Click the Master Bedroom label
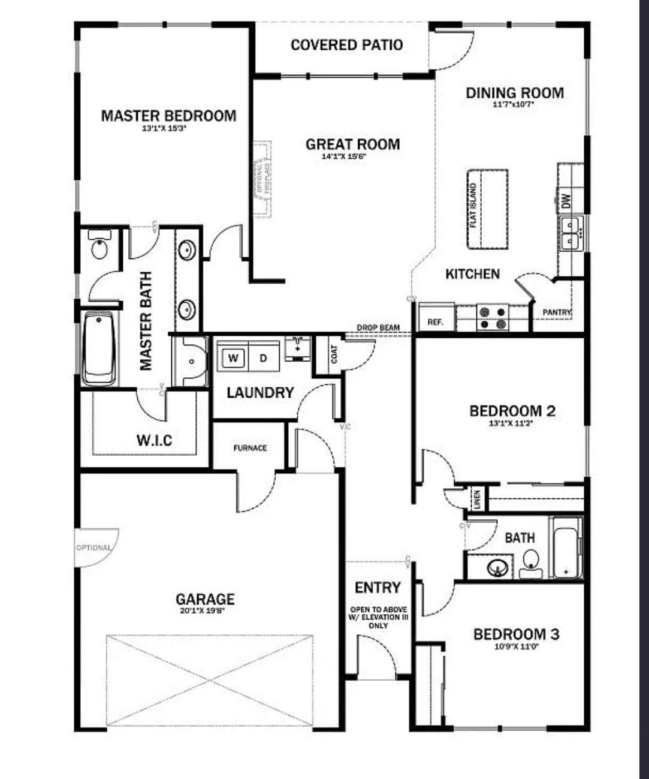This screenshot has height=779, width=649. coord(168,115)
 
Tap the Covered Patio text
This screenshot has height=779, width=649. coord(346,44)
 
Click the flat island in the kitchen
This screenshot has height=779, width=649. coord(487,208)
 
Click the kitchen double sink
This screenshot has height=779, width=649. coord(571,234)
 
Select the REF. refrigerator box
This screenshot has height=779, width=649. coord(436,321)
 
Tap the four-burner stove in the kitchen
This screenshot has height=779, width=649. coord(493,318)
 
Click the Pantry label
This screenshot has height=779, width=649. coord(557,312)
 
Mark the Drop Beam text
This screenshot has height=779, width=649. coord(378,328)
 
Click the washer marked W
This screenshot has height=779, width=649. coord(234,358)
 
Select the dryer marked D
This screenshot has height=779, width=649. coord(263,358)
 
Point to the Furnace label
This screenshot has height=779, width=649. coord(250,448)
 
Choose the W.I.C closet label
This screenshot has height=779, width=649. coord(154,440)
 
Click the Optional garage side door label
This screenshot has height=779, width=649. coord(93,548)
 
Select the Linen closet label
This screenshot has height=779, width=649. coord(477,498)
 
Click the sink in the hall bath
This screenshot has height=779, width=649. coord(497,567)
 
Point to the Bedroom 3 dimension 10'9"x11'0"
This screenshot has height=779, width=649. coord(515,647)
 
